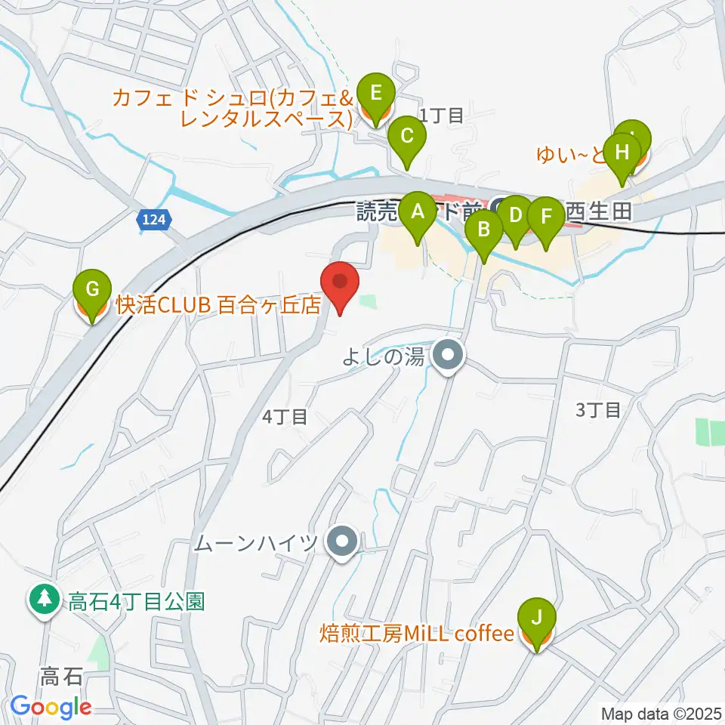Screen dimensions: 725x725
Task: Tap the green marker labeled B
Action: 483,229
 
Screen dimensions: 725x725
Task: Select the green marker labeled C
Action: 407,137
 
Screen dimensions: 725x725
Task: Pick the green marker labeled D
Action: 516,216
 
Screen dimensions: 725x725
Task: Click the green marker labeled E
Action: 375,95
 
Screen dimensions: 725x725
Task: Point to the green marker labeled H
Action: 622,153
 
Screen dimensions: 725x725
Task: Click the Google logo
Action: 51,706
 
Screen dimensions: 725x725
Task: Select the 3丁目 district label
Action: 597,410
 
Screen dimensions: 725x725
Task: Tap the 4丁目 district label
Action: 284,416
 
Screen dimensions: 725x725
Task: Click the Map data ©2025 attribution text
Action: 662,713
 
